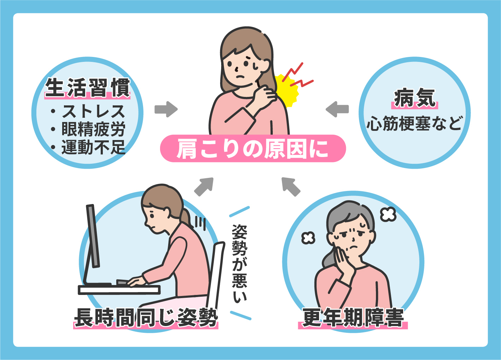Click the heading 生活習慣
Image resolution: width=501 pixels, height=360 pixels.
click(x=88, y=87)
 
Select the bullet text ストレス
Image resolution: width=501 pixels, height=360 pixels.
click(x=93, y=111)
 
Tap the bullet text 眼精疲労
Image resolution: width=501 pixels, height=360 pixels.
click(x=93, y=129)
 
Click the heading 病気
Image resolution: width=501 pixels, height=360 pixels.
click(x=414, y=98)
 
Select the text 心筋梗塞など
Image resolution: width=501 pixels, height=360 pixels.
click(x=414, y=123)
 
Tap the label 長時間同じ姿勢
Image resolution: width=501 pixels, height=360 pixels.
click(x=146, y=317)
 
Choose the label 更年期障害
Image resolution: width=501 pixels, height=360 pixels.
click(x=353, y=317)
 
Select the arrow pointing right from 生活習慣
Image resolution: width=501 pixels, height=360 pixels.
click(x=166, y=109)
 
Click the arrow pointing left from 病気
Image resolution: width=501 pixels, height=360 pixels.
click(x=337, y=109)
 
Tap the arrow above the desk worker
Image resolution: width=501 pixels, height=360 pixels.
click(x=205, y=186)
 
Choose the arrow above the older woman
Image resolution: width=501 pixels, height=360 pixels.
click(x=290, y=186)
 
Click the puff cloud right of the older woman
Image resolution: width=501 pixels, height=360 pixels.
click(x=388, y=214)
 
